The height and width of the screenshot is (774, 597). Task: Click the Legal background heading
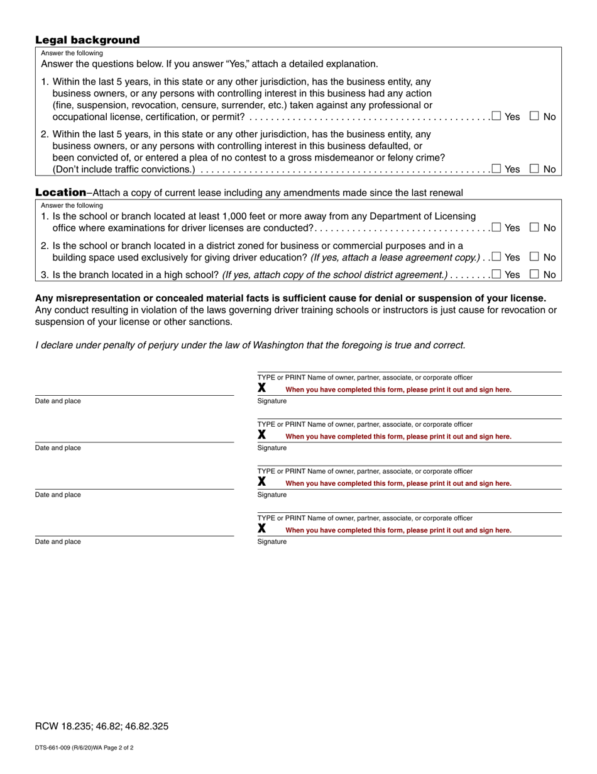(x=87, y=40)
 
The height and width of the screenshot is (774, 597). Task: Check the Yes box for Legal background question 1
(x=496, y=116)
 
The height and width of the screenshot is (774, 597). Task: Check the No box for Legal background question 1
(x=534, y=116)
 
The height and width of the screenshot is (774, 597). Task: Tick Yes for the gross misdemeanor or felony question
(x=496, y=168)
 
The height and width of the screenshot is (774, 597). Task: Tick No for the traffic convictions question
(x=534, y=168)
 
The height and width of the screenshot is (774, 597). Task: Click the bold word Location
(x=60, y=192)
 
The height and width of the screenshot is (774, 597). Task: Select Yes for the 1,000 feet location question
(x=496, y=227)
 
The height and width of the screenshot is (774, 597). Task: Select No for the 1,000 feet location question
(x=534, y=227)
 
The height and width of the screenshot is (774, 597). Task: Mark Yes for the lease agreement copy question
(x=496, y=256)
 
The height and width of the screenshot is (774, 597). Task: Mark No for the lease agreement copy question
(x=534, y=256)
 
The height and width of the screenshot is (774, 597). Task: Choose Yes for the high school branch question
(x=496, y=274)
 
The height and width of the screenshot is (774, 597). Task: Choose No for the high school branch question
(x=534, y=274)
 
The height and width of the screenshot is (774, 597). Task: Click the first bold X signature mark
(x=262, y=388)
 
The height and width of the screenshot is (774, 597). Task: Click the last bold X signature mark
(x=262, y=529)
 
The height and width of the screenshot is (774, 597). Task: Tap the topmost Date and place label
(x=58, y=401)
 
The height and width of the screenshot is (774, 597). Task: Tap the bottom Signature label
(x=272, y=542)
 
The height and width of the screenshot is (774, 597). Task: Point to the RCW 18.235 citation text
(x=102, y=726)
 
